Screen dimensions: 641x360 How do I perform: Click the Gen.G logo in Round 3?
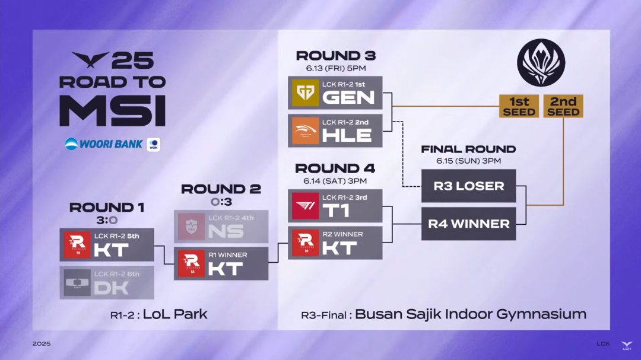tap(306, 93)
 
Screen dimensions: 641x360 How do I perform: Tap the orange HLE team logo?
tap(306, 130)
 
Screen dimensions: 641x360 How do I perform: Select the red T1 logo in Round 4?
tap(306, 206)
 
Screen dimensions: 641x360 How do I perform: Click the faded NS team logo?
tap(191, 227)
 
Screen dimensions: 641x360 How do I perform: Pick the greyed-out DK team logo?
tap(77, 283)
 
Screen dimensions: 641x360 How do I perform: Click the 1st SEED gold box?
tap(519, 106)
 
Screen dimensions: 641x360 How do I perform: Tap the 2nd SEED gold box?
tap(563, 106)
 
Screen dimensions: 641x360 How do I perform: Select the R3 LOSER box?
tap(468, 186)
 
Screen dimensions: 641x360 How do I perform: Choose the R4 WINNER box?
tap(468, 224)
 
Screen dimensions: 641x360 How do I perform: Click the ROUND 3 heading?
tap(335, 56)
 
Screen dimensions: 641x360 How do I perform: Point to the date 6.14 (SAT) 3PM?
tap(335, 181)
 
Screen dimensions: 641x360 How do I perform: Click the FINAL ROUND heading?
tap(468, 149)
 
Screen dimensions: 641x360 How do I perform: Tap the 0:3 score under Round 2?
tap(221, 202)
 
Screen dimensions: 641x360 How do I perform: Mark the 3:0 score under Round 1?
tap(107, 220)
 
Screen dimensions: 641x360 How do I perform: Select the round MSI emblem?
tap(541, 62)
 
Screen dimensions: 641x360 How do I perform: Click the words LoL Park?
tap(175, 314)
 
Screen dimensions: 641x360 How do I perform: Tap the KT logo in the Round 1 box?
tap(77, 245)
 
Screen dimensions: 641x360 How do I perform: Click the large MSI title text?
tap(112, 111)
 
